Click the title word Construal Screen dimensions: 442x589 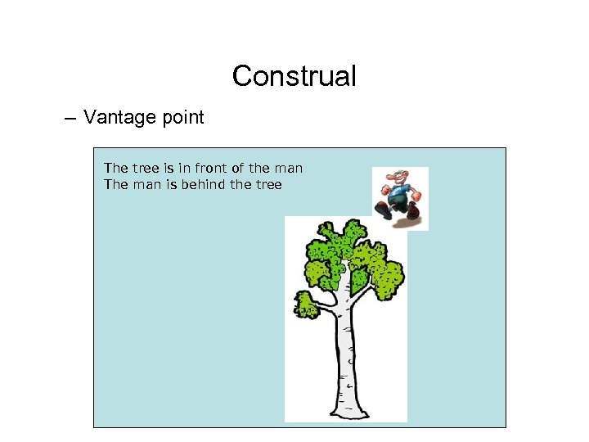294,76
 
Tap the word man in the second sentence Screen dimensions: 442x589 144,184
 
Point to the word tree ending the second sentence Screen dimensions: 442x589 268,184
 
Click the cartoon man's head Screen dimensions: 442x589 395,178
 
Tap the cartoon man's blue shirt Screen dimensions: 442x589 399,195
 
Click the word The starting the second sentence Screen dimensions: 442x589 115,184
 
